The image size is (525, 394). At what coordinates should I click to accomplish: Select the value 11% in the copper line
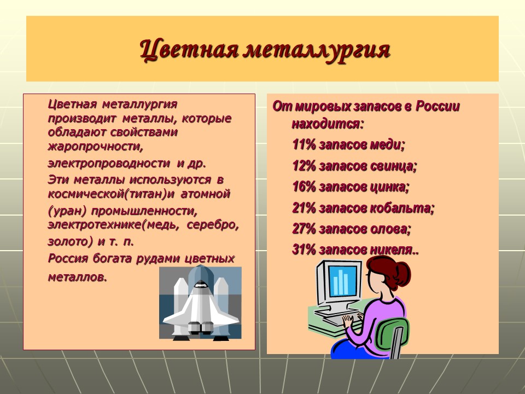[x=304, y=145]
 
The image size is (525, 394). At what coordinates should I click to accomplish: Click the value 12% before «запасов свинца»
[x=304, y=166]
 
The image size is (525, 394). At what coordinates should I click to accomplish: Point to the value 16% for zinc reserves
[x=304, y=187]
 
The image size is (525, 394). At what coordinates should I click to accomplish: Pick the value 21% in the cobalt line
[x=304, y=208]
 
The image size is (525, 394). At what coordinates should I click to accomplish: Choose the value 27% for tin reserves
[x=304, y=229]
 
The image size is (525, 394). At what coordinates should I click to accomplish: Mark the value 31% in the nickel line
[x=304, y=250]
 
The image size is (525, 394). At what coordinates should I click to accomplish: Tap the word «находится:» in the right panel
[x=327, y=124]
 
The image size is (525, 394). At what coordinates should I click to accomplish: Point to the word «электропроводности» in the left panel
[x=109, y=163]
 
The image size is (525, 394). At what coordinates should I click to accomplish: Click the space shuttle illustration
[x=200, y=303]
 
